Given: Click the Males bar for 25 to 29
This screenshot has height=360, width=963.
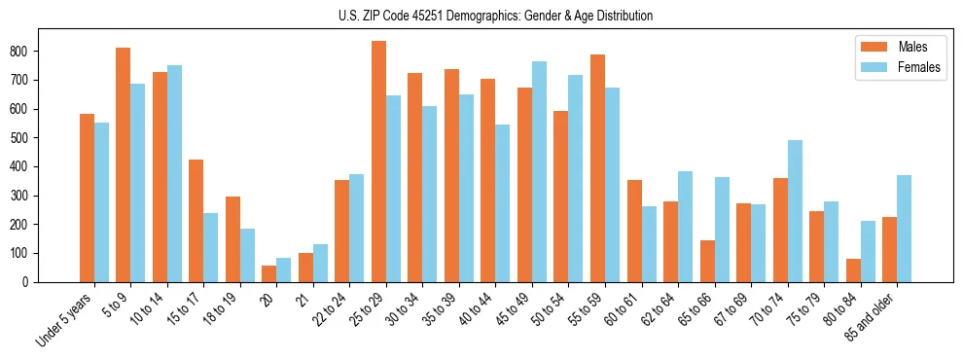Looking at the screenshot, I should click(378, 162).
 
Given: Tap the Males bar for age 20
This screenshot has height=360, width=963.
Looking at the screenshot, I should click(269, 273).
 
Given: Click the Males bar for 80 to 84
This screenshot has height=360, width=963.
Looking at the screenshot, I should click(853, 270).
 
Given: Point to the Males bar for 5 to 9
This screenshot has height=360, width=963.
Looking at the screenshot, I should click(124, 164).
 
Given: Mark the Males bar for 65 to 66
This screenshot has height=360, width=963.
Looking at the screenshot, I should click(707, 261).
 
